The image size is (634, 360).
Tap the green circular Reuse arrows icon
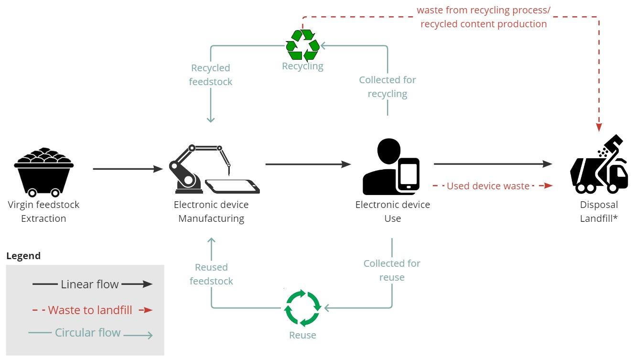pyautogui.click(x=302, y=307)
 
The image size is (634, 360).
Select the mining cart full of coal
pyautogui.click(x=43, y=172)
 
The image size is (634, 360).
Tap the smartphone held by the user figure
pyautogui.click(x=408, y=175)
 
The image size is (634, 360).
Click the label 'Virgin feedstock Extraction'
pyautogui.click(x=43, y=211)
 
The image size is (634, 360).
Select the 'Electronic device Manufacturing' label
pyautogui.click(x=211, y=211)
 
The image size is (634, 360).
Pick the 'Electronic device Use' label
pyautogui.click(x=392, y=211)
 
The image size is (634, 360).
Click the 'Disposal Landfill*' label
pyautogui.click(x=599, y=211)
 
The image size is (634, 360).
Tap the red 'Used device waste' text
pyautogui.click(x=488, y=186)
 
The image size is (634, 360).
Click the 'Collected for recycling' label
pyautogui.click(x=387, y=87)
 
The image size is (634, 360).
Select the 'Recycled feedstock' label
pyautogui.click(x=211, y=75)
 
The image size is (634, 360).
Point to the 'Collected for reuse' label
pyautogui.click(x=392, y=270)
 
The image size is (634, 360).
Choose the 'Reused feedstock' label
pyautogui.click(x=211, y=274)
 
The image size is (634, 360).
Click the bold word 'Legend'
pyautogui.click(x=23, y=256)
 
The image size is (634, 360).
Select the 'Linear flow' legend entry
pyautogui.click(x=90, y=284)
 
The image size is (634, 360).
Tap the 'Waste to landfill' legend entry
pyautogui.click(x=90, y=310)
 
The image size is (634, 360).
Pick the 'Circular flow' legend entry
pyautogui.click(x=88, y=332)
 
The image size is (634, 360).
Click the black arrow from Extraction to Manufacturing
pyautogui.click(x=128, y=169)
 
